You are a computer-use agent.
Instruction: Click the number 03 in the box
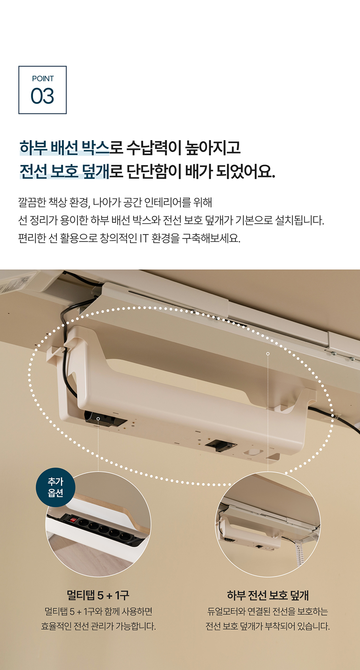click(x=42, y=96)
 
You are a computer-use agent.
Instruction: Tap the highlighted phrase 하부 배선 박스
click(x=64, y=148)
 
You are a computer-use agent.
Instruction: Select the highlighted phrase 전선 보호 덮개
click(x=64, y=172)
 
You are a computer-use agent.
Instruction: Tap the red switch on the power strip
click(x=73, y=519)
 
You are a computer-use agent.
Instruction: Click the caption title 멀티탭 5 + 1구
click(x=98, y=595)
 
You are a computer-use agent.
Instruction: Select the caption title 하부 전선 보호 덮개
click(x=268, y=595)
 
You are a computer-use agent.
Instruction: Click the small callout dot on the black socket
click(x=98, y=419)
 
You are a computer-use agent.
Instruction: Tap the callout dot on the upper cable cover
click(x=268, y=354)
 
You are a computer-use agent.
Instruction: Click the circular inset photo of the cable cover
click(x=268, y=524)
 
